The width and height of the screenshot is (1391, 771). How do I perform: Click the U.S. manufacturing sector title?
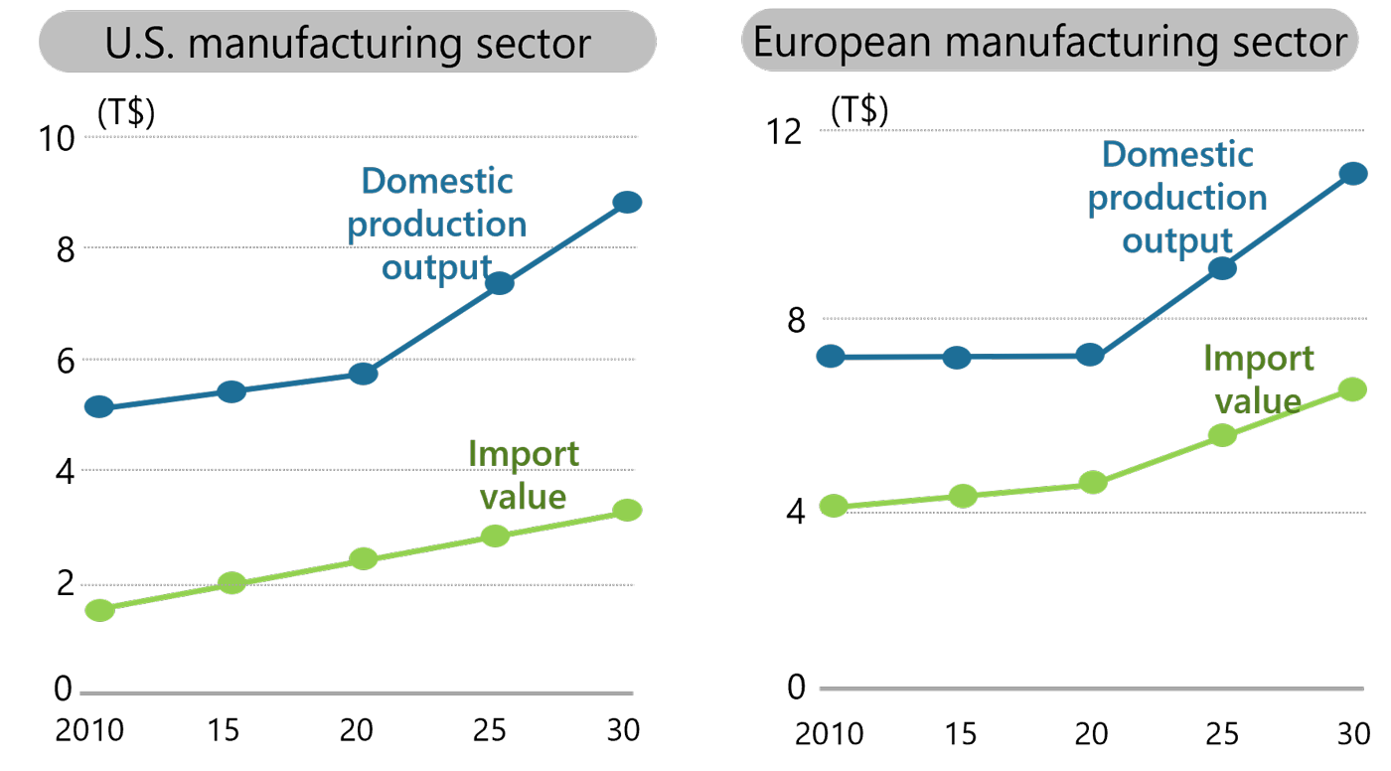(347, 43)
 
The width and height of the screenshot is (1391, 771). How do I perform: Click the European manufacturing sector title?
(1049, 43)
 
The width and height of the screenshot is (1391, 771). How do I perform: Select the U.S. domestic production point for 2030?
(627, 202)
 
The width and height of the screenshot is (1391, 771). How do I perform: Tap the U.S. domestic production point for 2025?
(499, 283)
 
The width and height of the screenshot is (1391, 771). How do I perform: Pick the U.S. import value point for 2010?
(99, 610)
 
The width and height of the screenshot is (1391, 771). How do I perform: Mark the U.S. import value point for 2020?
(364, 558)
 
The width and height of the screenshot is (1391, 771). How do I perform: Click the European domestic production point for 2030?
(1353, 174)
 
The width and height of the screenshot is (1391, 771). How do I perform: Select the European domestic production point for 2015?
(957, 358)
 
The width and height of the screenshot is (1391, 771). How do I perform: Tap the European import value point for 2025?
(1222, 435)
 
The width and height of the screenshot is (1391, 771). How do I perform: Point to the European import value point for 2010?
(833, 506)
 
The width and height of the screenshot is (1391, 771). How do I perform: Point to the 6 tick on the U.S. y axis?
(66, 362)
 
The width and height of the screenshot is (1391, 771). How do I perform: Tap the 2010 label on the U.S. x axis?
(88, 730)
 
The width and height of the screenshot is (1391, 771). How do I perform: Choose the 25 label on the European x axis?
(1222, 734)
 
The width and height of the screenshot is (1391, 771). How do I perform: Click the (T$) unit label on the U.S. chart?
(126, 114)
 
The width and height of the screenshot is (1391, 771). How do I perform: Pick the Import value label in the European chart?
(1258, 380)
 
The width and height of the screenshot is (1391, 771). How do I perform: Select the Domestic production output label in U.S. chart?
(437, 225)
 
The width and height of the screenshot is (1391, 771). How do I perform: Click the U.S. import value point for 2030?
(627, 510)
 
